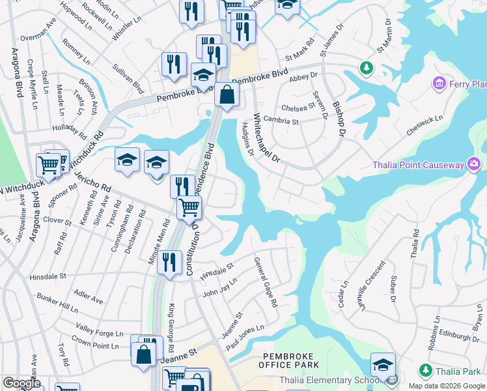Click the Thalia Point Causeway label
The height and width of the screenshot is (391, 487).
[x=417, y=165]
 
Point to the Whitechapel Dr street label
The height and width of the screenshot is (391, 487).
[x=266, y=139]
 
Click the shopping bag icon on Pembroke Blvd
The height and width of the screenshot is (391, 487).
[x=226, y=94]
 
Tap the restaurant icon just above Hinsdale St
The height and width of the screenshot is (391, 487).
[x=170, y=263]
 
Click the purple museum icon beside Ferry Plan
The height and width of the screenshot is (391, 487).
[x=439, y=83]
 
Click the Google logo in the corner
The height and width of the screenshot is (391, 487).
[x=21, y=383]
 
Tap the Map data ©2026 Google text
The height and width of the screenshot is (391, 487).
[x=446, y=386]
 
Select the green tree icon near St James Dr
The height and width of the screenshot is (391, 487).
[x=366, y=68]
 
